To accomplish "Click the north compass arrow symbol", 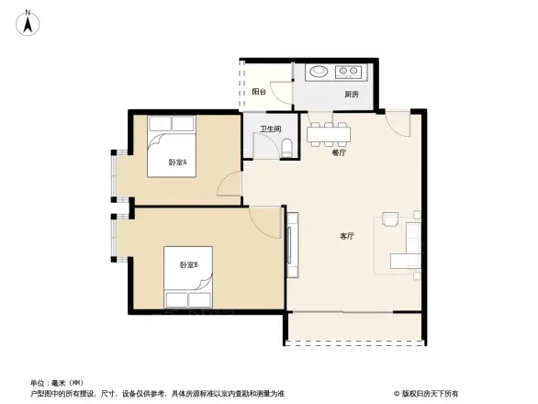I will [28, 21].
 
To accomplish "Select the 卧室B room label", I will [189, 264].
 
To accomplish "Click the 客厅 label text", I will [347, 236].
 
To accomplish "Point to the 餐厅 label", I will [339, 153].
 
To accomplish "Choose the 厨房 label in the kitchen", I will [352, 94].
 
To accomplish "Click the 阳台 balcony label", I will [259, 92].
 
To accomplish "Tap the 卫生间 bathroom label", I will [270, 129].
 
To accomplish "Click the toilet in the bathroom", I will [285, 146].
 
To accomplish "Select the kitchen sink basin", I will [319, 70].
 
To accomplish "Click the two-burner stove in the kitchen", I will [349, 70].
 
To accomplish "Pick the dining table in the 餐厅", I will [329, 134].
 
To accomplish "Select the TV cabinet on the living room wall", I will [294, 245].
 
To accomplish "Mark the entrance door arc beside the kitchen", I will [398, 122].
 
